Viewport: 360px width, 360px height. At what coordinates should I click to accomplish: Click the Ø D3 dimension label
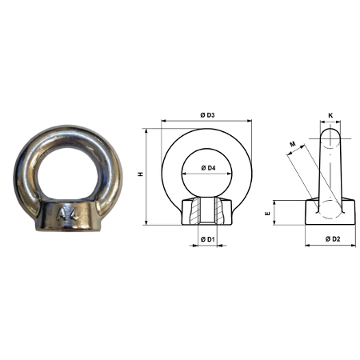207,115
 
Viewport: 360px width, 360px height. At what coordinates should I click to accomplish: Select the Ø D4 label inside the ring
208,168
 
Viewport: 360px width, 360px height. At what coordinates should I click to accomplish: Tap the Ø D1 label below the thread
208,239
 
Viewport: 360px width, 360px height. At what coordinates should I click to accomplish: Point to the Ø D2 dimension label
333,239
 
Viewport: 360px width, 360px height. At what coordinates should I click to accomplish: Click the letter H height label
141,174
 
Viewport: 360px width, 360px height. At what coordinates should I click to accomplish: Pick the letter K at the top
330,115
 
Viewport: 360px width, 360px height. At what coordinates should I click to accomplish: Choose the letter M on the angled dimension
293,144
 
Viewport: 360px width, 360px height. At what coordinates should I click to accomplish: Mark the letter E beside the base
268,214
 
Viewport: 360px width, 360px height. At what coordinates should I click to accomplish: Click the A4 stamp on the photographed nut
68,214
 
